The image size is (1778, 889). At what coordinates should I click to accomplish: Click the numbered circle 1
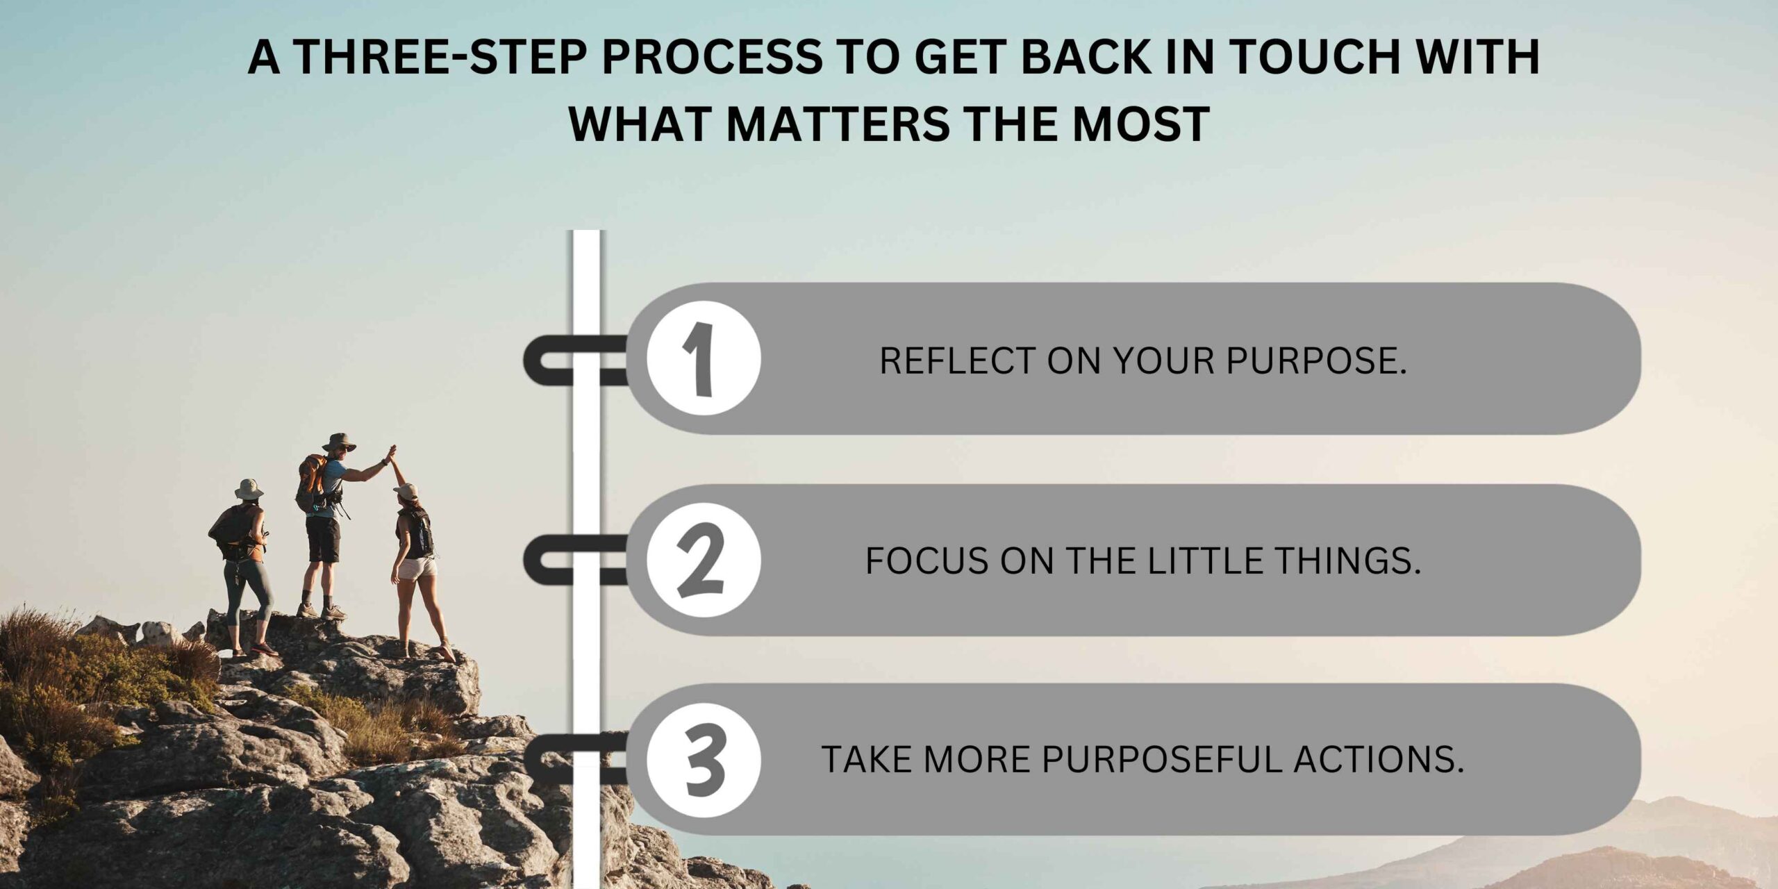pyautogui.click(x=704, y=358)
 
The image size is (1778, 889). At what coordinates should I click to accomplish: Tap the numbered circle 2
pyautogui.click(x=704, y=560)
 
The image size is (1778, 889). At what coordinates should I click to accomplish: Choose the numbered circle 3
pyautogui.click(x=704, y=760)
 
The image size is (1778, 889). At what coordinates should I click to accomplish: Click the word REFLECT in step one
pyautogui.click(x=957, y=360)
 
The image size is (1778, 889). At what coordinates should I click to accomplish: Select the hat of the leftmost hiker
pyautogui.click(x=249, y=489)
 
